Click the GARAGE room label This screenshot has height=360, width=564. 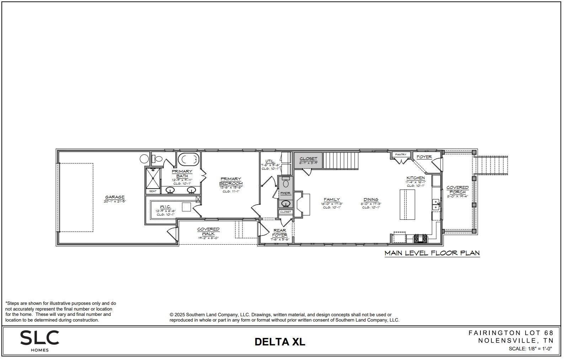[115, 197]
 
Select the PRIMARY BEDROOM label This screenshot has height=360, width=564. [231, 181]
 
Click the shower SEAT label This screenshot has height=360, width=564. [153, 191]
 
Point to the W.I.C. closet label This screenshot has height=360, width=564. [165, 207]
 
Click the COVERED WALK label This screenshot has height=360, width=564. [208, 231]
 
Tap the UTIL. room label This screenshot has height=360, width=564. [270, 161]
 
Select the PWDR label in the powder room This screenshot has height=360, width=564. [285, 193]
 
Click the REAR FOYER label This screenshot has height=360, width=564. [280, 233]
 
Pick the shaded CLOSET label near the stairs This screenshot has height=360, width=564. [308, 159]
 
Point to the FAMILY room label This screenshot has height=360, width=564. [331, 200]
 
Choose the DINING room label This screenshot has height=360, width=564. [371, 200]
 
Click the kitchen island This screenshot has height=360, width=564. [408, 205]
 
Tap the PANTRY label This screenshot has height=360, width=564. [401, 155]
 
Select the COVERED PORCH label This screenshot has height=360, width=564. [457, 190]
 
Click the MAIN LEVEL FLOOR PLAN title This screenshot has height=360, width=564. [432, 253]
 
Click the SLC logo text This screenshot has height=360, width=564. [39, 338]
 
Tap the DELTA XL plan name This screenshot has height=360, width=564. [280, 342]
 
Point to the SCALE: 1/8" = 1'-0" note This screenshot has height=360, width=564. [530, 349]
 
